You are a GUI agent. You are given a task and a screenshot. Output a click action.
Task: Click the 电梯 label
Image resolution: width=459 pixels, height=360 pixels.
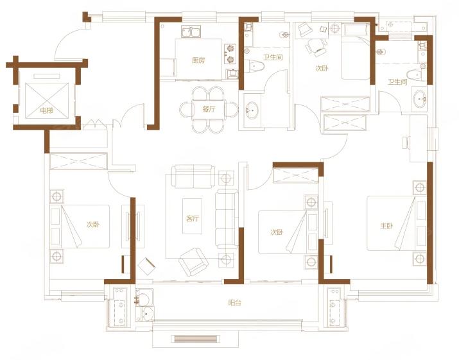coord(47,110)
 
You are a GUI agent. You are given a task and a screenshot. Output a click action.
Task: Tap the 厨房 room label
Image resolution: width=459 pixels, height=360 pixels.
coord(198,60)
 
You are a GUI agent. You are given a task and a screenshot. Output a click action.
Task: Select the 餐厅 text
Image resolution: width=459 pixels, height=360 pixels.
coord(209,109)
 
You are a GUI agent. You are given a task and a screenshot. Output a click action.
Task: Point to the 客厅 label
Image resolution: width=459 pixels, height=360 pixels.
coord(193,218)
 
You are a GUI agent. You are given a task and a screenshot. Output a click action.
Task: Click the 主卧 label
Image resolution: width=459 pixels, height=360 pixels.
coord(386,226)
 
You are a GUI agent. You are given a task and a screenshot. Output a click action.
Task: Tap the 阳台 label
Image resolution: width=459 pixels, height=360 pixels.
coord(234,302)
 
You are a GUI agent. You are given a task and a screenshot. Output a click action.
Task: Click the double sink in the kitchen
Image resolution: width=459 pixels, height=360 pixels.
coord(191,31)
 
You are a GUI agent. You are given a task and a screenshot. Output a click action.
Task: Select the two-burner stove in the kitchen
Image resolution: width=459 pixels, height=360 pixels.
coord(230,53)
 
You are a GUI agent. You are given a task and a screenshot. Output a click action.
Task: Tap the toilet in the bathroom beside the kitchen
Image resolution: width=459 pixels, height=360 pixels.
coord(254,66)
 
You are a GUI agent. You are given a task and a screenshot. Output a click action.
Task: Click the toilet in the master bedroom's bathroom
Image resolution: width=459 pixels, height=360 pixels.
coord(416,76)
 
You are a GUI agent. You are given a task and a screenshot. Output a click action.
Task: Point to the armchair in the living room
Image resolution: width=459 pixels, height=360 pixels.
coord(193,262)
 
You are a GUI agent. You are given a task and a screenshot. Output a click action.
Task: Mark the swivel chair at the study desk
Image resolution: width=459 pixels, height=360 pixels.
coord(316,47)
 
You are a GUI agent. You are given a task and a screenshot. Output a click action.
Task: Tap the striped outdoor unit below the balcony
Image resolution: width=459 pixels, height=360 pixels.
coord(195,339)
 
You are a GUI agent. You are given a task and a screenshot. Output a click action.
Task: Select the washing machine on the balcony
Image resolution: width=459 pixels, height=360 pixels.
coord(144,297)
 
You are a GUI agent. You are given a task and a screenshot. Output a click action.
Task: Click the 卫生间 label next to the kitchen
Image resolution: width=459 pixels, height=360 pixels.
coord(273,57)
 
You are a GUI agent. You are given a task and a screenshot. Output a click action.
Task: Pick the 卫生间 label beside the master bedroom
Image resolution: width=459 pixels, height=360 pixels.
coord(397,82)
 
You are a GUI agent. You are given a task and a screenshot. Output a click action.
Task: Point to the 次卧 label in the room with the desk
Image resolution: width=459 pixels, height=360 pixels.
coord(322,68)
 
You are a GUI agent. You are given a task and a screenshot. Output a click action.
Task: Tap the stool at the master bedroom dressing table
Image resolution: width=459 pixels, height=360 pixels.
coord(406,143)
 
